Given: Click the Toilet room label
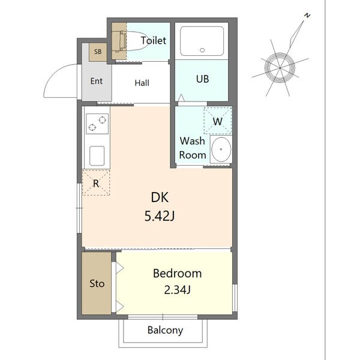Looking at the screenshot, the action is [x=154, y=40].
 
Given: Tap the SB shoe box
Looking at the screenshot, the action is [x=98, y=52].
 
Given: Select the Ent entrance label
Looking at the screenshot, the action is [x=97, y=81].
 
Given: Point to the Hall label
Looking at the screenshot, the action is [x=142, y=83].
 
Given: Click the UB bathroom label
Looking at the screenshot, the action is [x=203, y=79].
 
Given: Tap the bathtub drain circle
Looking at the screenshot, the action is [x=202, y=50].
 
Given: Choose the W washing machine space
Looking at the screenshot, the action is [x=218, y=121].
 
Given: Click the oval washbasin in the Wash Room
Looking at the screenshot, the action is [x=221, y=149].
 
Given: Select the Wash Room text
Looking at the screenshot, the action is [x=193, y=148].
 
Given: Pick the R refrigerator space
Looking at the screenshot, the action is [x=96, y=183].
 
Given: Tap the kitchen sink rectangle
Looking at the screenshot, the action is [x=97, y=155].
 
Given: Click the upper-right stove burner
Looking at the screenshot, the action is [x=102, y=120].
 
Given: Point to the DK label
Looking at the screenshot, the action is [x=160, y=197].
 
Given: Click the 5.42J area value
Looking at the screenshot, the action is [x=160, y=216].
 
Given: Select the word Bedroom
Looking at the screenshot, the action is [x=177, y=274].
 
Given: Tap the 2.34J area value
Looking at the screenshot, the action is [x=177, y=290].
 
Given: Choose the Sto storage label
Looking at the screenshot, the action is [x=97, y=284].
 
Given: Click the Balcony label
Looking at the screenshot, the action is [x=166, y=331].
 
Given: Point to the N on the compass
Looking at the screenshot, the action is [x=307, y=16].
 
